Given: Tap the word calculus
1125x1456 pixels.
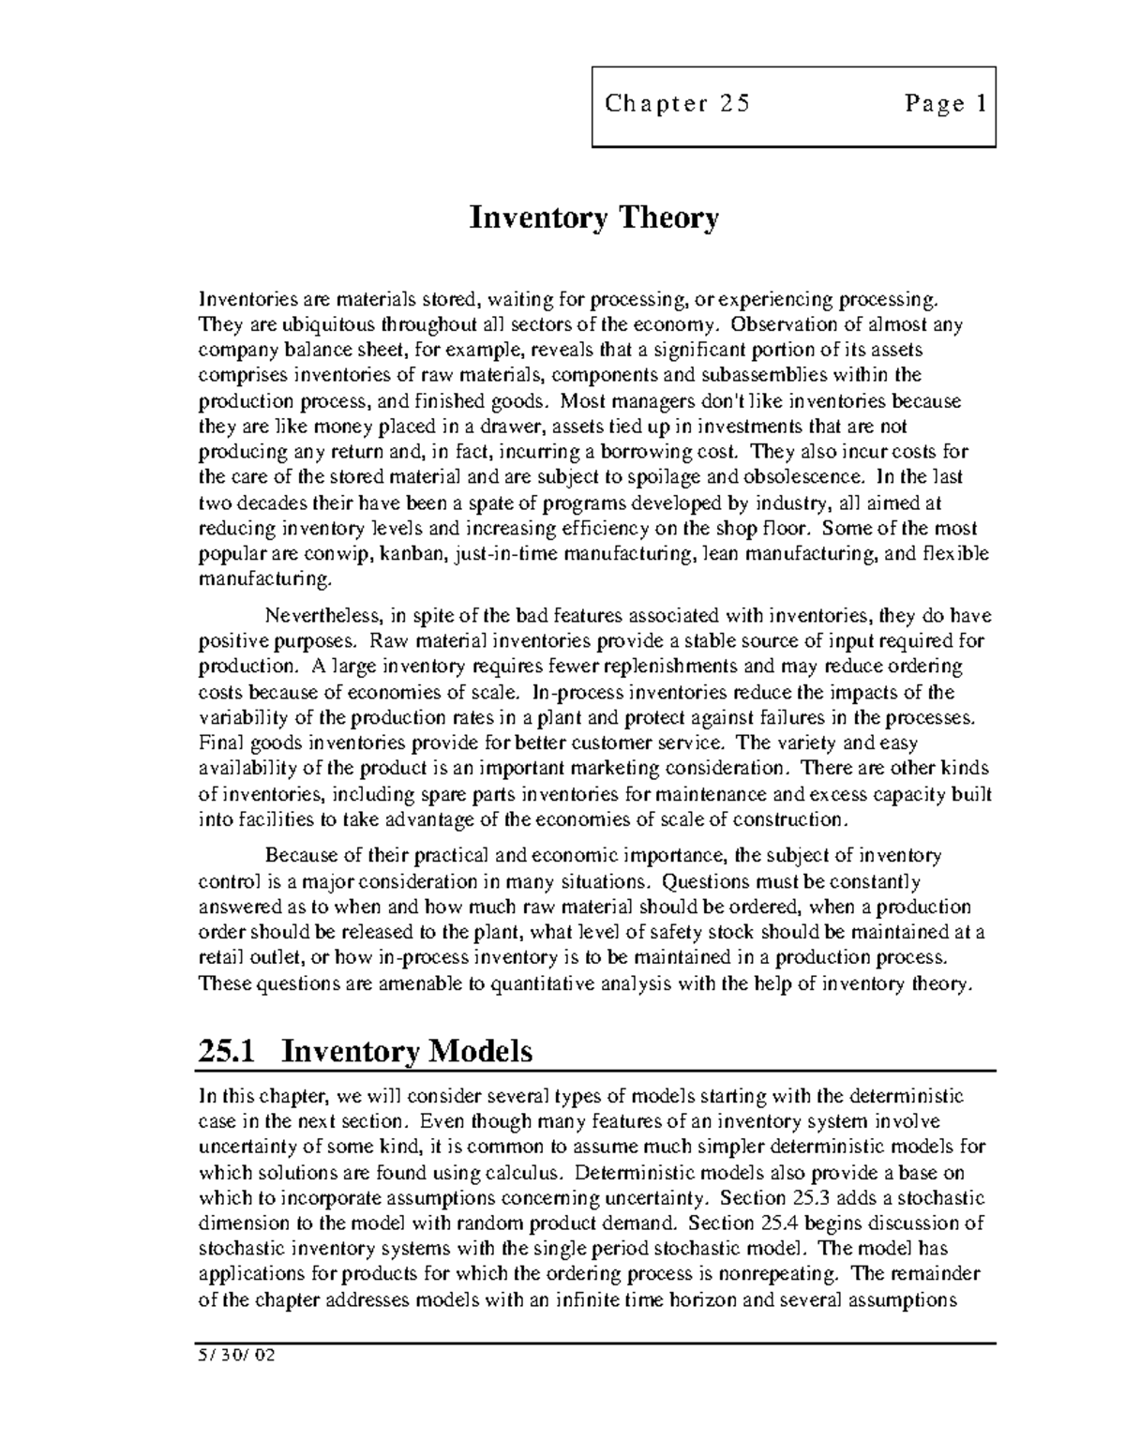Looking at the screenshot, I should click(x=526, y=1173).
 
